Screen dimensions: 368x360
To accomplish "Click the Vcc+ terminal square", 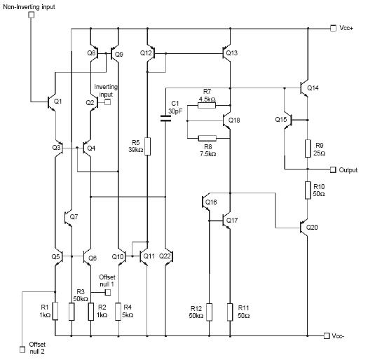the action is click(333, 28).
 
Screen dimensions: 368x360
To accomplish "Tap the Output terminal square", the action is click(333, 169).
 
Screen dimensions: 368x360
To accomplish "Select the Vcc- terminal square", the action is click(327, 336).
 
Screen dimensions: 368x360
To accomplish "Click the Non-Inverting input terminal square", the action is click(32, 15).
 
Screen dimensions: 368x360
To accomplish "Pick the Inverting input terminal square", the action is click(107, 102).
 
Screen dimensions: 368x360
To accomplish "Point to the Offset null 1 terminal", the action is click(108, 292).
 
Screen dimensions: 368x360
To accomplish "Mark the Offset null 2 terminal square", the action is click(22, 349).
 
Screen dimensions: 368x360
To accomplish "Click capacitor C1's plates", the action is click(165, 118).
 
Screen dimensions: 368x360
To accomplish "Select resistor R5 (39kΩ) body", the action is click(147, 146).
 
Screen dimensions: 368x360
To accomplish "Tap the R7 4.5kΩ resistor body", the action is click(207, 106).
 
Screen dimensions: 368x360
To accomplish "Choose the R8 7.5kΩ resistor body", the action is click(207, 138).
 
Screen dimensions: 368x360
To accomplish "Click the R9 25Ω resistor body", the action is click(308, 148).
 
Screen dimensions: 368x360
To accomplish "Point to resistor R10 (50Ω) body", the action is click(308, 191).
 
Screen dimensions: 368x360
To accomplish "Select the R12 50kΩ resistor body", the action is click(209, 312).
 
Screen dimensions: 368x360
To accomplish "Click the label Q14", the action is click(313, 88).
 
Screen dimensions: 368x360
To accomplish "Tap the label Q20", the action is click(312, 227).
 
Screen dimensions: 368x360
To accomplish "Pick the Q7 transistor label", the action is click(74, 217).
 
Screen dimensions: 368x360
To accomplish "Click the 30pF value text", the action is click(175, 111).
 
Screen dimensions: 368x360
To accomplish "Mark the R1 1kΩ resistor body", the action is click(55, 311).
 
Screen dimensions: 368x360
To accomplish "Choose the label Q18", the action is click(234, 120).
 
